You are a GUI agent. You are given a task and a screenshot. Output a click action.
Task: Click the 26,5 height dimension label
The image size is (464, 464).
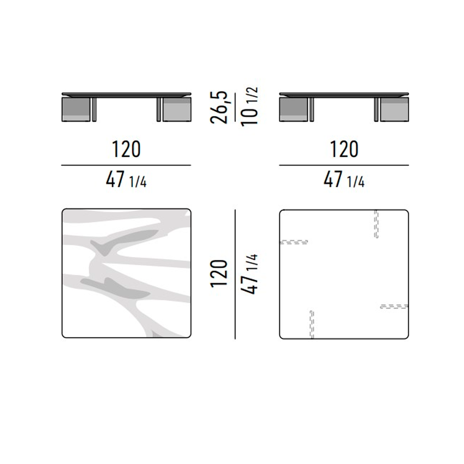[x=219, y=107]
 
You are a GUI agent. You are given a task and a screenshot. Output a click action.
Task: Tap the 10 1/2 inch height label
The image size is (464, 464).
[x=250, y=107]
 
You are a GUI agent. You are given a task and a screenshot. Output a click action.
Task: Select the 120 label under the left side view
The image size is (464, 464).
[x=126, y=149]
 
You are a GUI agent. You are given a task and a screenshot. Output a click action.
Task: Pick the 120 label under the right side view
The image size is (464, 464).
[x=344, y=149]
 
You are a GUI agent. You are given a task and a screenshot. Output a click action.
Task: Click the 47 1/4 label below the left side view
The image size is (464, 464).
[x=126, y=180]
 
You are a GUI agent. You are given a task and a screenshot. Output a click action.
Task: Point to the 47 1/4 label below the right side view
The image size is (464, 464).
[x=344, y=180]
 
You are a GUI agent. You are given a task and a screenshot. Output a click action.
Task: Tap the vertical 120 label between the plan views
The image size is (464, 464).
[x=219, y=274]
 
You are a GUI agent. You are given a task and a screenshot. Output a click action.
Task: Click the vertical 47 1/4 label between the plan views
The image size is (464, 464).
[x=250, y=274]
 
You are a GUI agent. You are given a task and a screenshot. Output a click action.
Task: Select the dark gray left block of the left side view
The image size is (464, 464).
[x=76, y=109]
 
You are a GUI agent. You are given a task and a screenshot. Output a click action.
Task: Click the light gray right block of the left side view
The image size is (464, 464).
[x=177, y=109]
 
